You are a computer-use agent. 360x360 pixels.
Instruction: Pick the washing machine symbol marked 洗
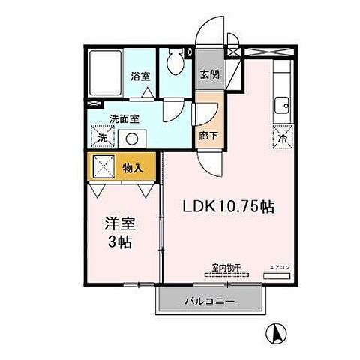tap(101, 136)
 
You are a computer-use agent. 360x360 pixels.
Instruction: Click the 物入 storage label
tap(132, 169)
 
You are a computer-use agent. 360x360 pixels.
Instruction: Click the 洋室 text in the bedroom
tap(120, 223)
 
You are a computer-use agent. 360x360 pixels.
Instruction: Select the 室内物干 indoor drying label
tap(224, 266)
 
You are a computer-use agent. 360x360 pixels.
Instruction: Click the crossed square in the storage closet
tap(103, 165)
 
